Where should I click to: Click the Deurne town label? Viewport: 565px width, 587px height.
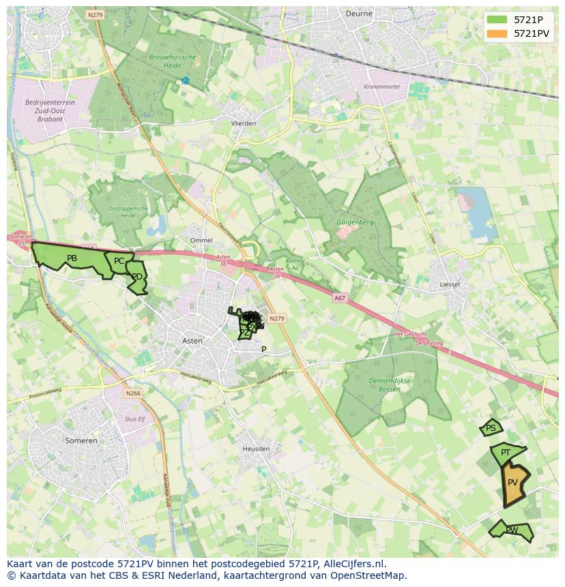358,13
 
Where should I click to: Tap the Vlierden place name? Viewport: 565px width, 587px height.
244,123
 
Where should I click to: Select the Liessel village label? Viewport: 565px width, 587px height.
450,284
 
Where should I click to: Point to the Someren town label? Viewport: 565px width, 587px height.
81,440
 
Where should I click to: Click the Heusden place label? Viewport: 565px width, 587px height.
257,449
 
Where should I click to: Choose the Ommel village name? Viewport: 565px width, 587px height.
201,241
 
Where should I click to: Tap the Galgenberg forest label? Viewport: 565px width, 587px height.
355,222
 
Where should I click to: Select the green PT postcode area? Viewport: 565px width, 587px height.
506,453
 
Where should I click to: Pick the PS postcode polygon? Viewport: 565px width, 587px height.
491,428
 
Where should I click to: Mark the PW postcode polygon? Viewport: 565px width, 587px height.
511,530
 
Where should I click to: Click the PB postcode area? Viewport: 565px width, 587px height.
72,258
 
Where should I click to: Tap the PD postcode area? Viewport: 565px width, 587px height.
137,277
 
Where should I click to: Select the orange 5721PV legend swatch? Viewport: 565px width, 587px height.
497,33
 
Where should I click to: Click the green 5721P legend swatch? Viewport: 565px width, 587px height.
497,19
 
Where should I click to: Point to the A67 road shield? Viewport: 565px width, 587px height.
340,298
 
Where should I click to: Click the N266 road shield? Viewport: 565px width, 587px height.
133,393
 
